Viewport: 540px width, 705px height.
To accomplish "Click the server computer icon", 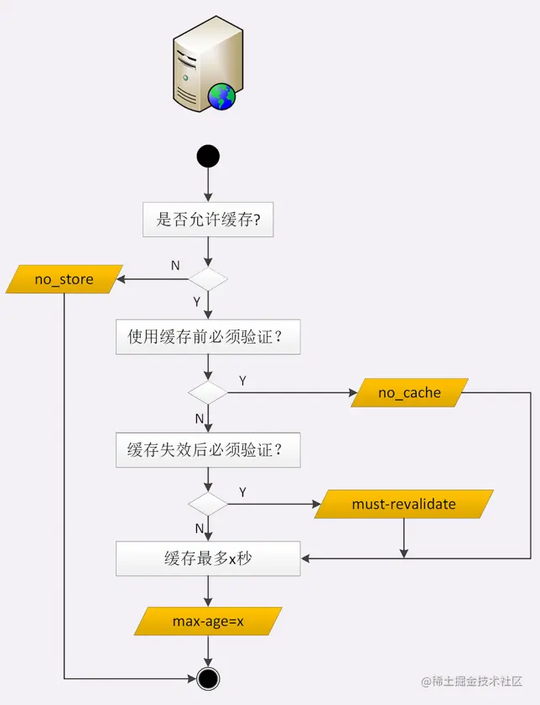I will point(202,64).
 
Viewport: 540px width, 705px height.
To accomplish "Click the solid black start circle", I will point(207,157).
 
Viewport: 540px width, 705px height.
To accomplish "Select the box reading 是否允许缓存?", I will point(208,222).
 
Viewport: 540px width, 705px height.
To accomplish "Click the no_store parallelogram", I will point(64,279).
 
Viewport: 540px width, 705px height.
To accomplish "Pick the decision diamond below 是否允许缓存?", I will point(207,279).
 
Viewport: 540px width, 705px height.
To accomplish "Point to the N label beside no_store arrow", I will point(175,265).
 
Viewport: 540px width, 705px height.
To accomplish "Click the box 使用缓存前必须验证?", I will point(208,337).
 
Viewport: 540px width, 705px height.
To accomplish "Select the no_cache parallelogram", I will point(409,392).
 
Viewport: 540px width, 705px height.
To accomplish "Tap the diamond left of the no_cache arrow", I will point(207,392).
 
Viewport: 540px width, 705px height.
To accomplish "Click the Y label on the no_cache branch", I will point(242,381).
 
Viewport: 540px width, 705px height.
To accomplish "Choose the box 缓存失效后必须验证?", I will point(208,449).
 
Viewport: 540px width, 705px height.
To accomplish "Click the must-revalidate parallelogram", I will point(404,504).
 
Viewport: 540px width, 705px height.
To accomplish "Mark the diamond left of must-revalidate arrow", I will point(207,504).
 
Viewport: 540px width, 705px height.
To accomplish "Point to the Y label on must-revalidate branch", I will point(242,492).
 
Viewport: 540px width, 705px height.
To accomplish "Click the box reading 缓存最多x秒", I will point(208,558).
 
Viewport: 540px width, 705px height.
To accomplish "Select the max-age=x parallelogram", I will point(208,621).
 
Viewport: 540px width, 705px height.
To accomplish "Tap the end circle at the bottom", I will point(207,677).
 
